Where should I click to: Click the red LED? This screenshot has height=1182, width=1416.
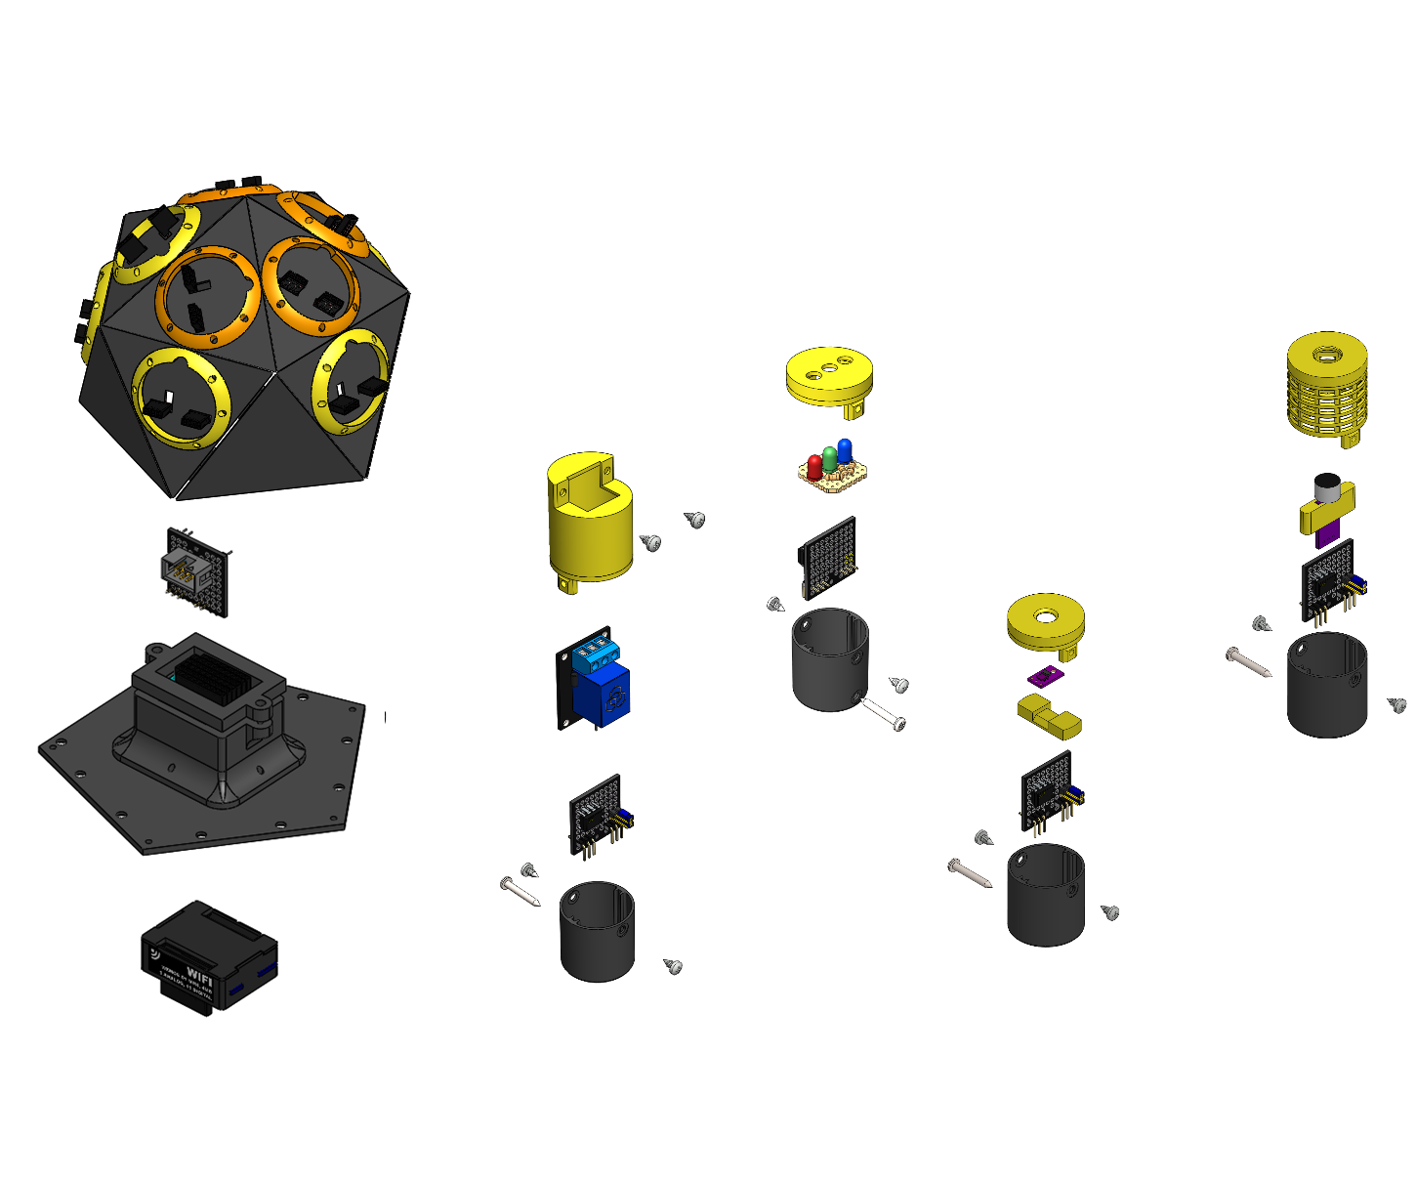[814, 465]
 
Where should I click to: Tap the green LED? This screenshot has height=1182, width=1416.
[829, 457]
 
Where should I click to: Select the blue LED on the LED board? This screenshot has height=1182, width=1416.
[845, 449]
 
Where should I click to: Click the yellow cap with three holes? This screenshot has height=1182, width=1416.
[829, 377]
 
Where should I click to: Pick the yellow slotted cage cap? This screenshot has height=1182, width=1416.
[1327, 386]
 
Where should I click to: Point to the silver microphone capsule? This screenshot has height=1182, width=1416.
[1326, 485]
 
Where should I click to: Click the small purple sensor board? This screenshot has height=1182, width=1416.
[1046, 675]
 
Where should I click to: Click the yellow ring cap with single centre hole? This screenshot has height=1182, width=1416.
[1046, 621]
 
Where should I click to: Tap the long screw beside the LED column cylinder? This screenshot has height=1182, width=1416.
[883, 714]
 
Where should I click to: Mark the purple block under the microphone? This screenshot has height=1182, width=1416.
[1327, 536]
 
